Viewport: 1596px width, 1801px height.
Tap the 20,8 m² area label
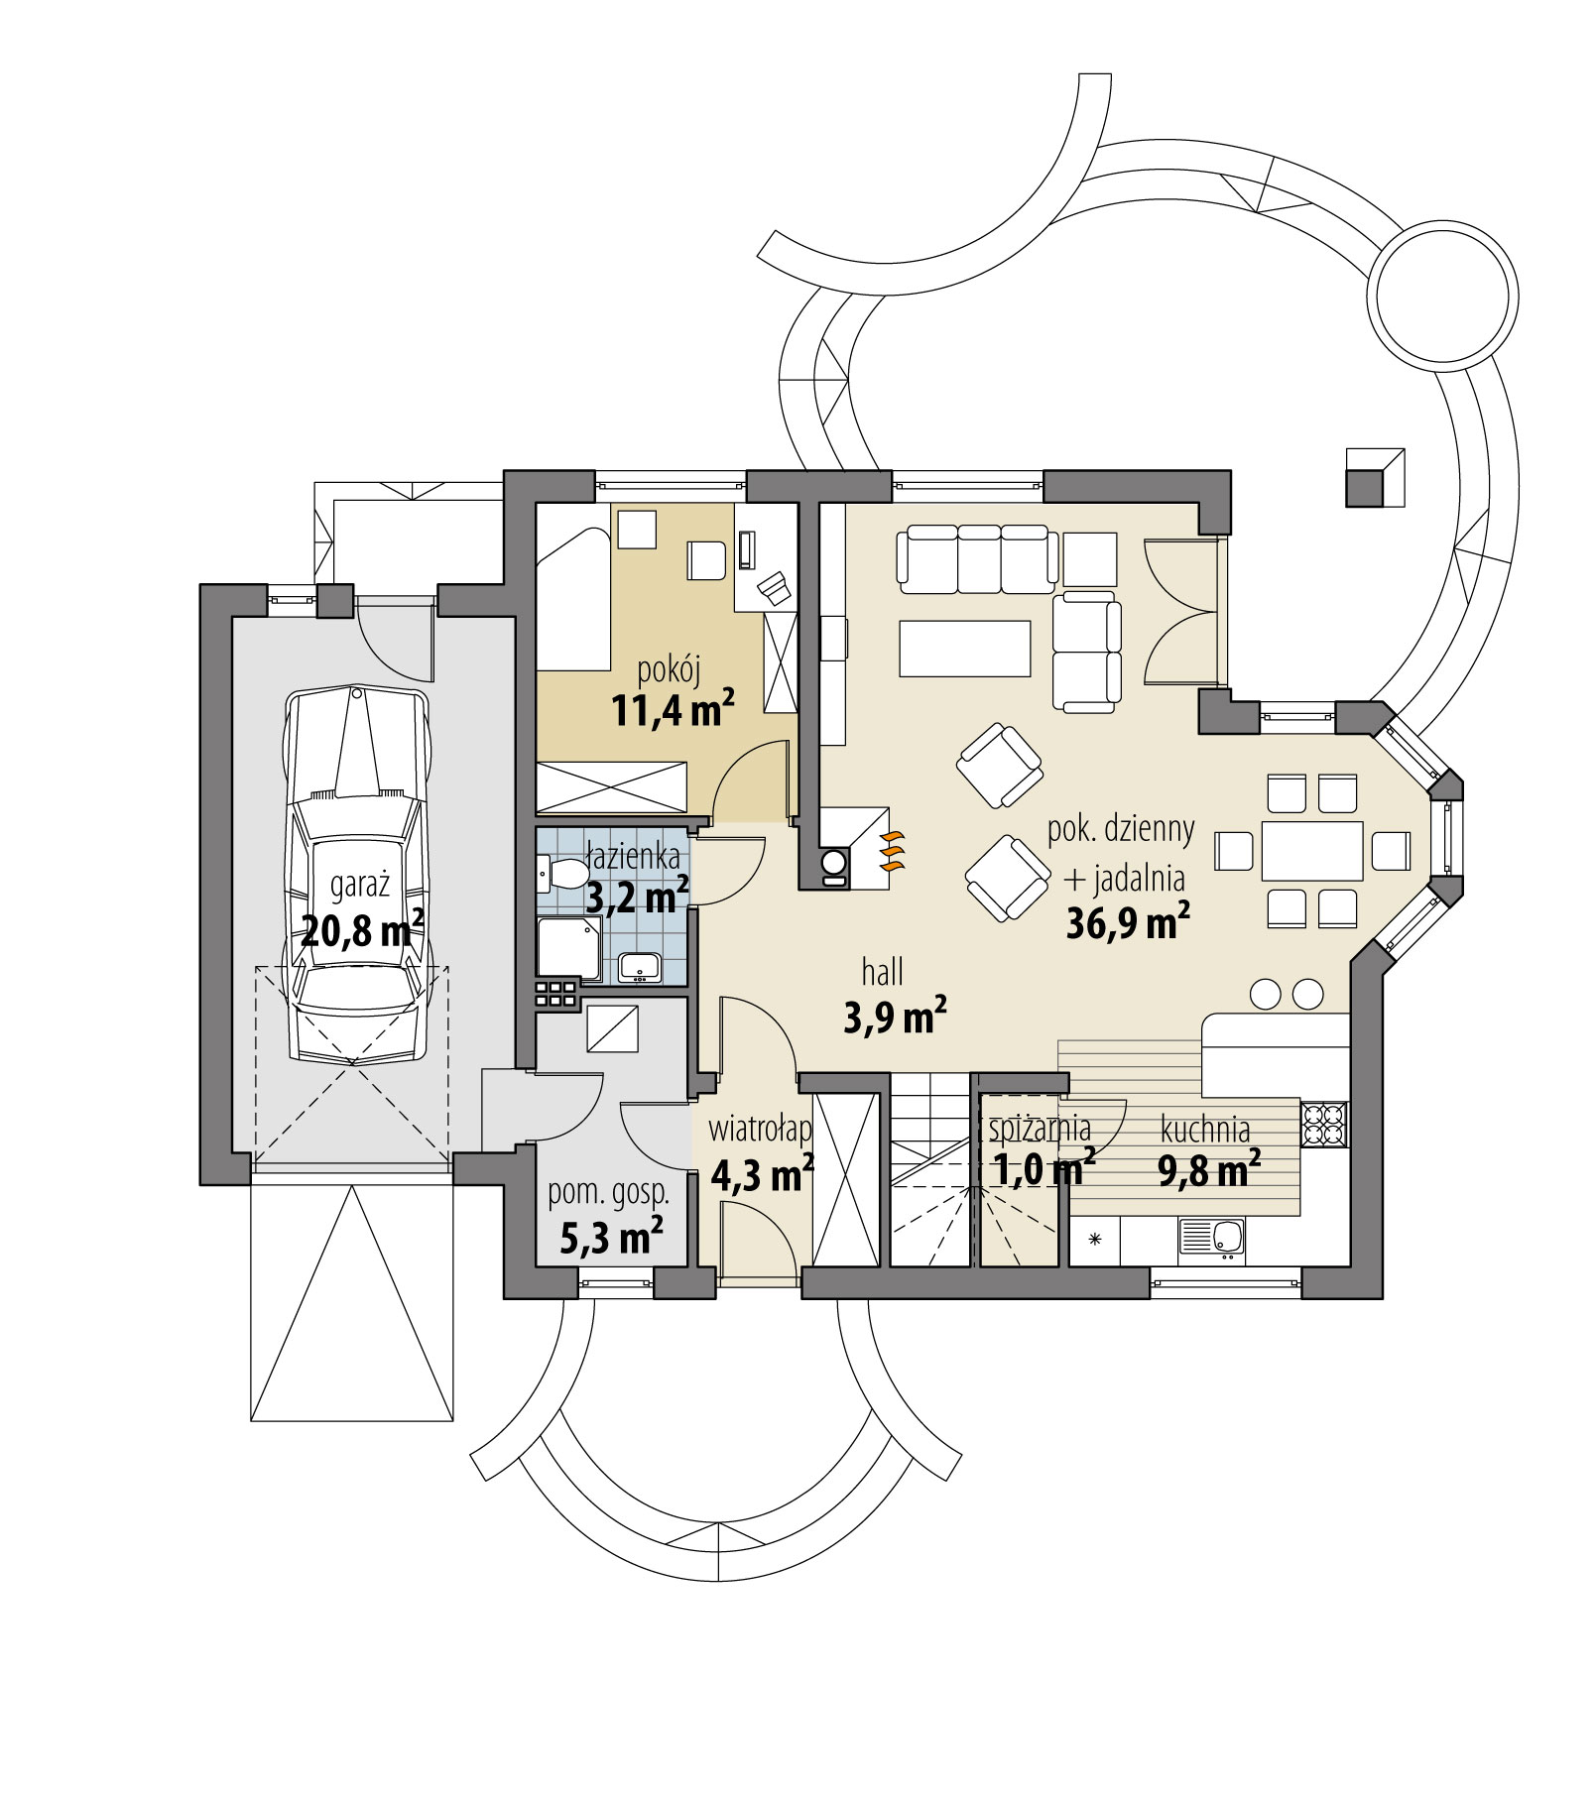362,931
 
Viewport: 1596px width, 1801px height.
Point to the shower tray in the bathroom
568,946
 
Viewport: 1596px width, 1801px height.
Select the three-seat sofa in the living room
976,559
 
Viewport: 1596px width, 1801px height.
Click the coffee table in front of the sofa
965,648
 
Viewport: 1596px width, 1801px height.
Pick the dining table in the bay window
1312,850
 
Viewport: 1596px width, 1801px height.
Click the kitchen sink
1212,1240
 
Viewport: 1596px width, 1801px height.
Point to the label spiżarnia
1040,1129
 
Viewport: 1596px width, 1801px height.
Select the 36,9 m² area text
1128,923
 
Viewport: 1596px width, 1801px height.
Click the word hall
882,973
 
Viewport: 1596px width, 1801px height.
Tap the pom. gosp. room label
608,1192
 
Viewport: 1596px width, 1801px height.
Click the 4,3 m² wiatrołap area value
762,1175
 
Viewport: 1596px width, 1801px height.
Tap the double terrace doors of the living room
1180,612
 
